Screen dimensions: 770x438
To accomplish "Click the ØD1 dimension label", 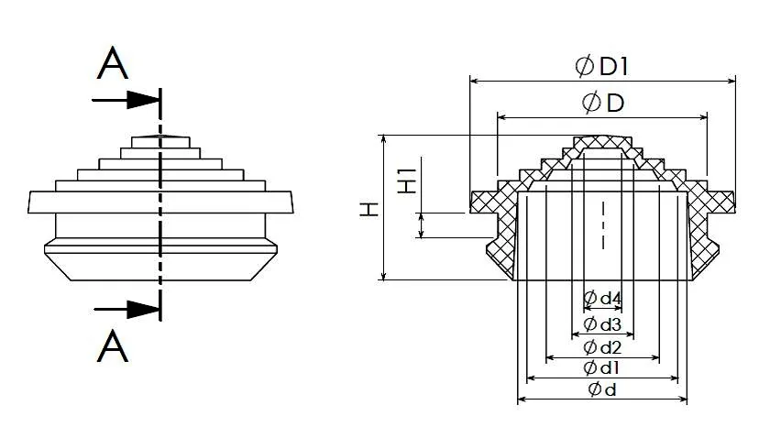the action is [601, 66].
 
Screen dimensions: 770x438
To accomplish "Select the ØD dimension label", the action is [603, 103].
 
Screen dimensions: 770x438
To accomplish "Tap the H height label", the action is [369, 209].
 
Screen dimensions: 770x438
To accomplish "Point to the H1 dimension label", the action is [407, 181].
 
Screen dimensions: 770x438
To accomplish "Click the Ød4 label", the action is [602, 298].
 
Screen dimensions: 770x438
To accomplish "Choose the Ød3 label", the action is [602, 324].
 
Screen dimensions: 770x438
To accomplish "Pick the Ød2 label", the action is [602, 347].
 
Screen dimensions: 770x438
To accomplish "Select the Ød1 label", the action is [601, 367].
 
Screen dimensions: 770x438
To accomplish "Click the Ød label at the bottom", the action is [602, 389].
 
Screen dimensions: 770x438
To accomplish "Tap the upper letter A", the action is [113, 63].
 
